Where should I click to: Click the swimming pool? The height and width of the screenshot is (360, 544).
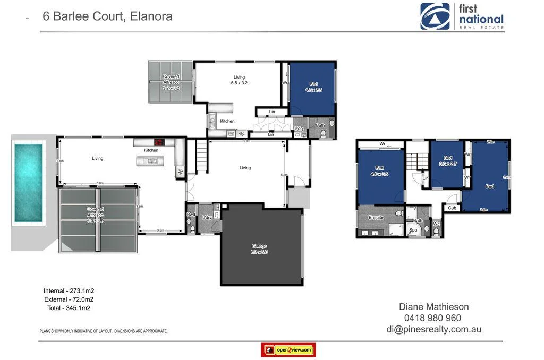[x=28, y=183]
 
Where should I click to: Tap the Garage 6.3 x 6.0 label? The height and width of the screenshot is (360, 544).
[x=259, y=249]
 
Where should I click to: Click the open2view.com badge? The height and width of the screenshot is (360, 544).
[x=288, y=350]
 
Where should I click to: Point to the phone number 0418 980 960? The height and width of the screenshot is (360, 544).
[x=432, y=318]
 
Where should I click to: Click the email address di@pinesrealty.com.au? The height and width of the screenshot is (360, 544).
[x=433, y=329]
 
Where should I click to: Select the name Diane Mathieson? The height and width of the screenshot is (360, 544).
[x=433, y=306]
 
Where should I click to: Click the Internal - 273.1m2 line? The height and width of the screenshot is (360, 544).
[x=69, y=291]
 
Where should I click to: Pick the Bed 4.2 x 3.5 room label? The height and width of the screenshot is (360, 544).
[x=313, y=87]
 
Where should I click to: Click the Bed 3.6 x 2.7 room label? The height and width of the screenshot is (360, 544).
[x=448, y=161]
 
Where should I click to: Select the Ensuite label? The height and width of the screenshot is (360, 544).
[x=376, y=218]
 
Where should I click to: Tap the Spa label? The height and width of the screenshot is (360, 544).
[x=413, y=230]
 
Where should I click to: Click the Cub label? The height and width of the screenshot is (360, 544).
[x=452, y=208]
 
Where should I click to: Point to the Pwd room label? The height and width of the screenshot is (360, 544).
[x=191, y=215]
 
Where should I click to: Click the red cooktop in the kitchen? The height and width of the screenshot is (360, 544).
[x=159, y=142]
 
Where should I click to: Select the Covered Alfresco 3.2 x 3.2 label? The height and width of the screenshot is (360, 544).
[x=171, y=82]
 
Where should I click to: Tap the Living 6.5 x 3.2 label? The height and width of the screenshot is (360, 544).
[x=239, y=80]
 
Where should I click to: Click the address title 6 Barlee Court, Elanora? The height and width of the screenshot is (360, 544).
[x=107, y=16]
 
